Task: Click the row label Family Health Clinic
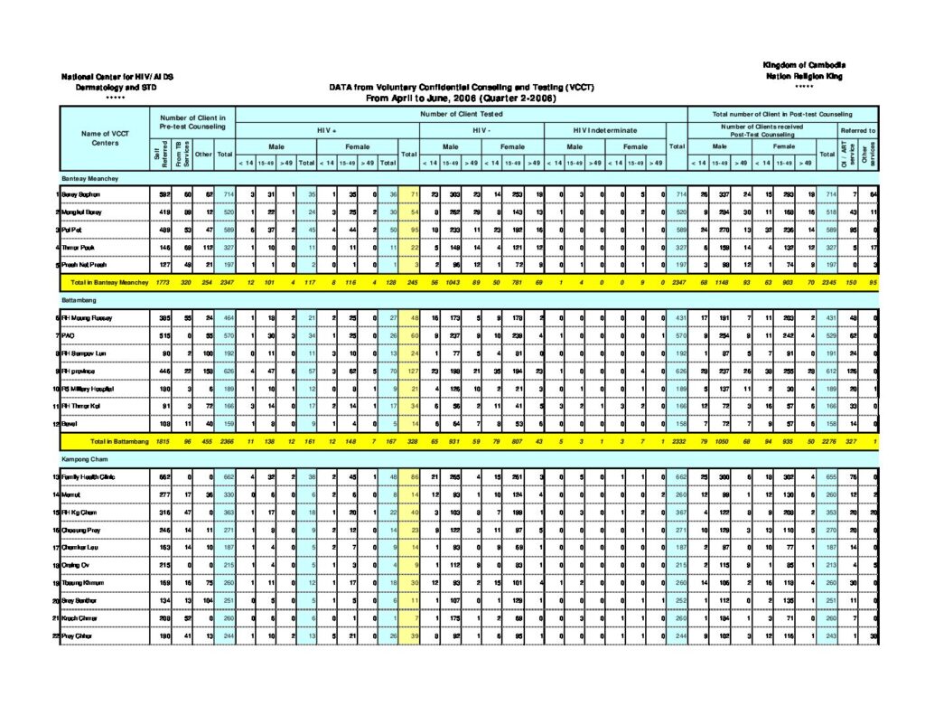click(89, 475)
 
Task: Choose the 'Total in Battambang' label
click(104, 442)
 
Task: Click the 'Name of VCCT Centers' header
click(105, 138)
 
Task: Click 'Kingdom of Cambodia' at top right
click(803, 66)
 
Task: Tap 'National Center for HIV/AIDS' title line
click(117, 77)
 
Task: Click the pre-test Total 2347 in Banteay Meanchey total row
click(226, 283)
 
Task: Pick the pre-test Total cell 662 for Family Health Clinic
click(226, 475)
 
